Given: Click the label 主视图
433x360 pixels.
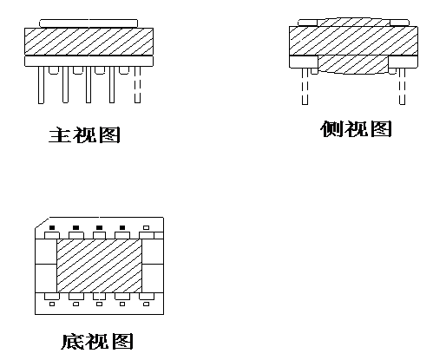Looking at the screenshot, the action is tap(84, 134).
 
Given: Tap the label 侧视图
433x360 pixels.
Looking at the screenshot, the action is tap(356, 128).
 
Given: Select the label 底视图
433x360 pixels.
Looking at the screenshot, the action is tap(97, 342).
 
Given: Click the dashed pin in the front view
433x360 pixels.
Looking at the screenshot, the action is tap(137, 84).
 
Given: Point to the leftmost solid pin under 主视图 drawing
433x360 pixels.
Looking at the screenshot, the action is tap(42, 84).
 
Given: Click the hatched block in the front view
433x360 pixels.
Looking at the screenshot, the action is tap(89, 42).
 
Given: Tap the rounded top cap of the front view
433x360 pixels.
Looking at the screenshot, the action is tap(89, 23).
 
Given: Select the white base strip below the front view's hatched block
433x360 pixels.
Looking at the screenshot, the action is tap(89, 61).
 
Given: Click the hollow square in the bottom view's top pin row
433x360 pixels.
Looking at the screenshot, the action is tap(147, 227).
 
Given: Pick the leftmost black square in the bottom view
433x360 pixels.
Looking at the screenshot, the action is tap(52, 227).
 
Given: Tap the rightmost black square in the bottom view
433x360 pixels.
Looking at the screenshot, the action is tap(122, 227).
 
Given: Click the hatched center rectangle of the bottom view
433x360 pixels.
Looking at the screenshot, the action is tap(99, 265).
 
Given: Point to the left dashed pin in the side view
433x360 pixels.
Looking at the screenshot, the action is tap(305, 86).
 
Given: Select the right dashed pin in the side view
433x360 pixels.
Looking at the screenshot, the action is tap(402, 86).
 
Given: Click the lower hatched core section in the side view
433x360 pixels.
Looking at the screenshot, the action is tap(353, 64).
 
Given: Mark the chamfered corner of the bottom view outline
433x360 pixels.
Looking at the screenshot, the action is tap(43, 223).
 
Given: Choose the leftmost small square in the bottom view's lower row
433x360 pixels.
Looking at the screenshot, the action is tap(52, 304).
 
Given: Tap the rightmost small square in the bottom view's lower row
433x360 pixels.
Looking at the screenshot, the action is tap(147, 304).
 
